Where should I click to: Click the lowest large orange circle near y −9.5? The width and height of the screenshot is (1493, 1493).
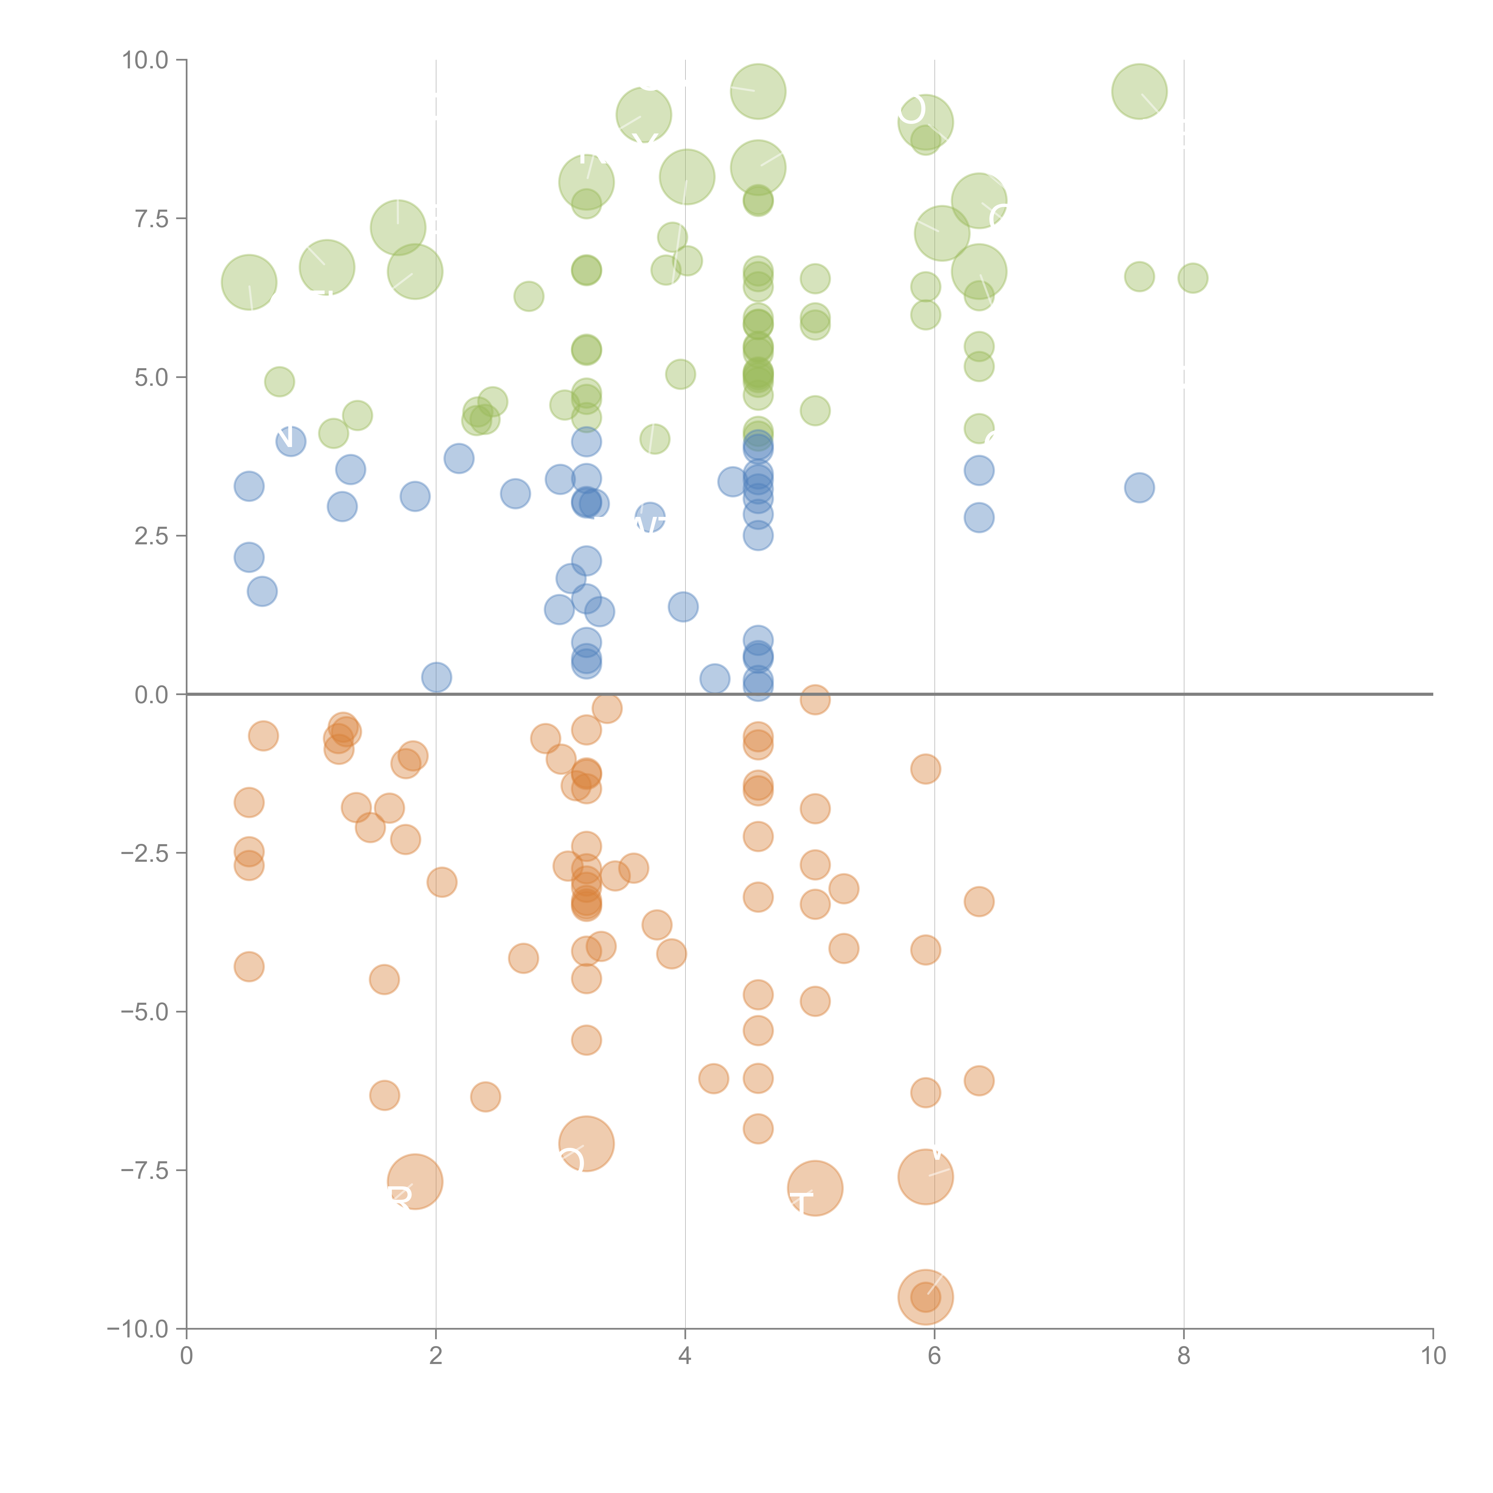pyautogui.click(x=925, y=1297)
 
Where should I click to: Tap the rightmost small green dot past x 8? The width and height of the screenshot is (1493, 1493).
pyautogui.click(x=1192, y=278)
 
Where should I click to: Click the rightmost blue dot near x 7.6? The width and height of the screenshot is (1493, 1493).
pyautogui.click(x=1139, y=488)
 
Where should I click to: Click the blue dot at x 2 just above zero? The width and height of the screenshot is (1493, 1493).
pyautogui.click(x=437, y=677)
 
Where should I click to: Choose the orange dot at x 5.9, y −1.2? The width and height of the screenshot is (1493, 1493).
pyautogui.click(x=925, y=769)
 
